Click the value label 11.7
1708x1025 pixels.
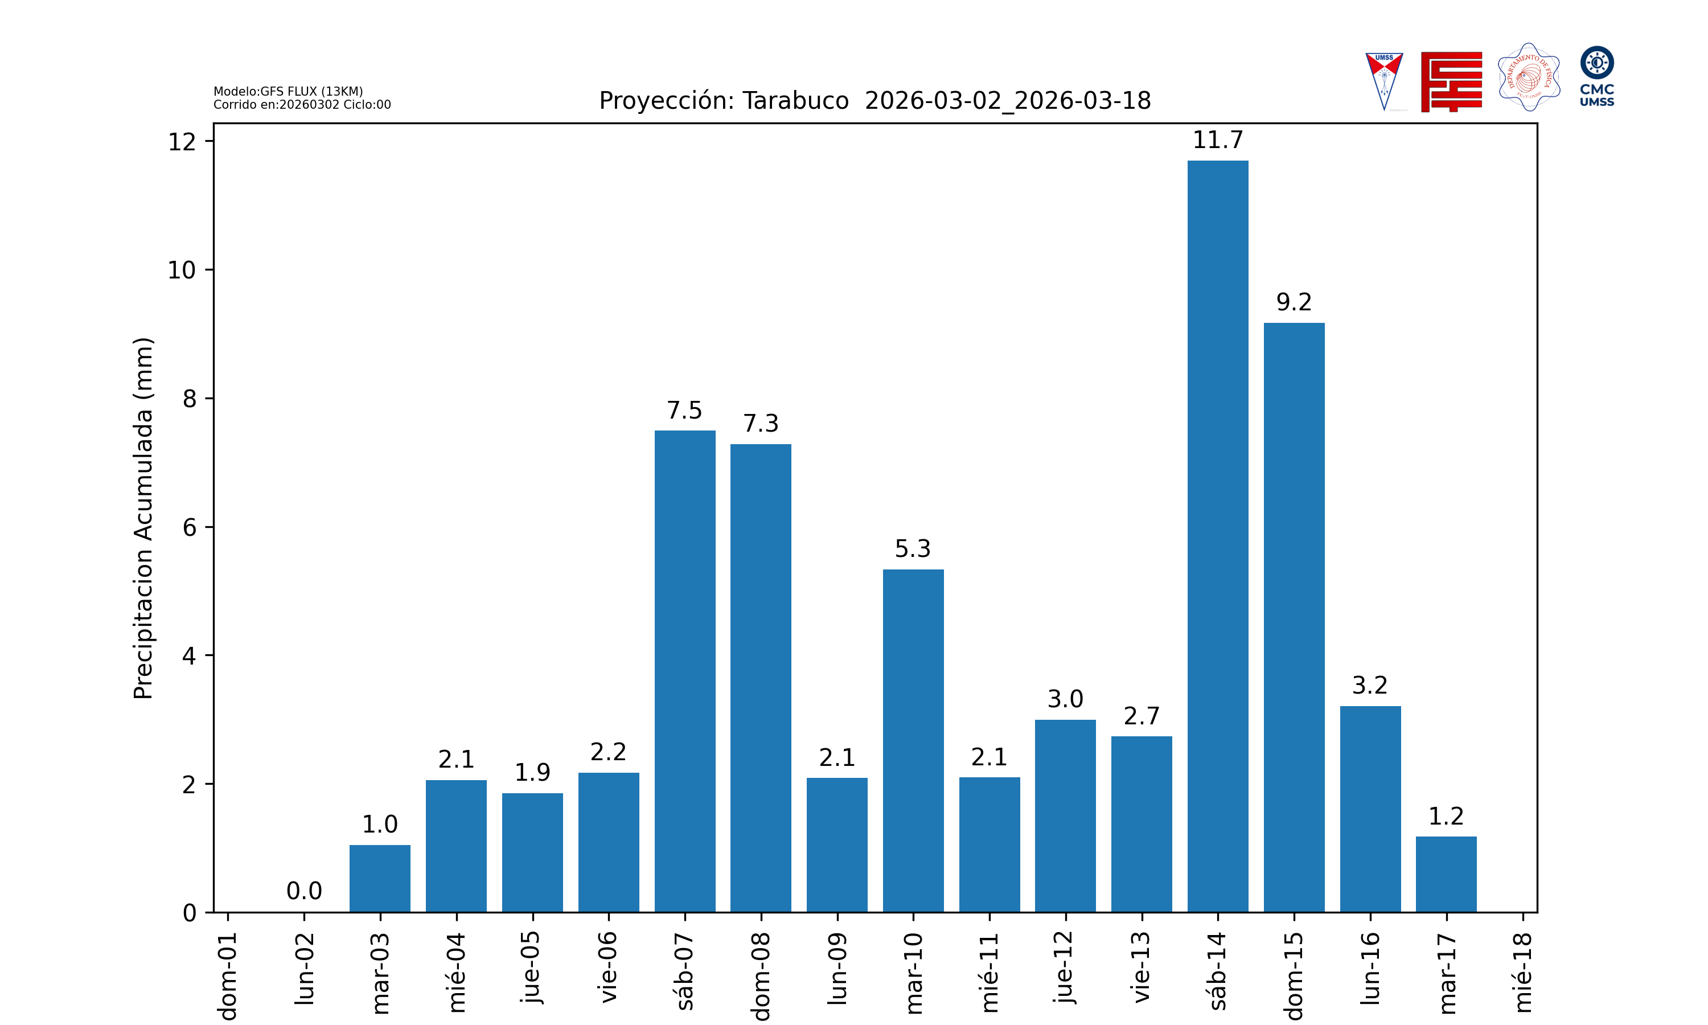[1217, 140]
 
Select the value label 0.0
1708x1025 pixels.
[304, 891]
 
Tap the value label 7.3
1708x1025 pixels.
[761, 424]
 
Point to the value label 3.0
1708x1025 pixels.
[1065, 699]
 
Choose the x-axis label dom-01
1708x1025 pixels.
[228, 974]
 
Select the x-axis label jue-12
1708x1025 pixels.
[1065, 967]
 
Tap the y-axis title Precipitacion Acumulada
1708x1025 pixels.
[143, 518]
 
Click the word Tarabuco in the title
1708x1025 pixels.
[795, 101]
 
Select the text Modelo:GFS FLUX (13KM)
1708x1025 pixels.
[288, 91]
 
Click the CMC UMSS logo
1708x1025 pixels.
[1596, 76]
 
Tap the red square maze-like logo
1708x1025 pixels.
[1451, 81]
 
